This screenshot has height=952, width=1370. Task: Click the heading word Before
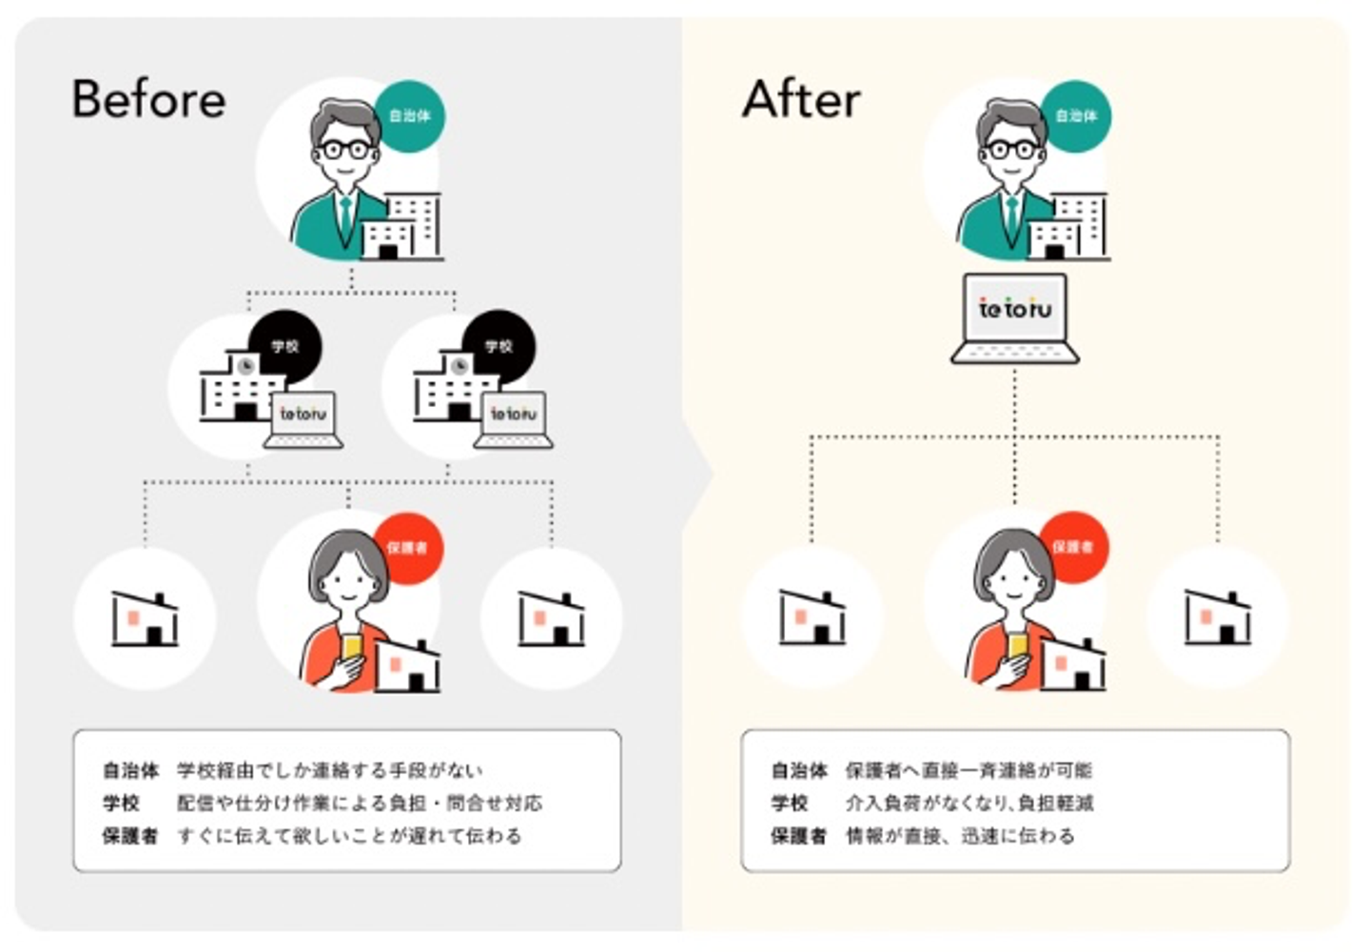pyautogui.click(x=149, y=99)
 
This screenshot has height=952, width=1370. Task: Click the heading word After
pyautogui.click(x=801, y=99)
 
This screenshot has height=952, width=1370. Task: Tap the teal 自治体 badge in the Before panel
pyautogui.click(x=410, y=116)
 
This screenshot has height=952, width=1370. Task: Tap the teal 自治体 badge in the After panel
pyautogui.click(x=1076, y=116)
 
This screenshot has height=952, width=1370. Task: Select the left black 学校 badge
pyautogui.click(x=285, y=346)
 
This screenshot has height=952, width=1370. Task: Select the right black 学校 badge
pyautogui.click(x=499, y=346)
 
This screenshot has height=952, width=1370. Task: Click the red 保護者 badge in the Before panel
pyautogui.click(x=407, y=548)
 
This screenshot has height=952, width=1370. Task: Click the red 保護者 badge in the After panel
pyautogui.click(x=1073, y=548)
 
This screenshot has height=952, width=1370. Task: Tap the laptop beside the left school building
pyautogui.click(x=303, y=419)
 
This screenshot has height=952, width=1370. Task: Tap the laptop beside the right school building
pyautogui.click(x=515, y=419)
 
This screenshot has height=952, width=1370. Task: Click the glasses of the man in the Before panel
pyautogui.click(x=344, y=149)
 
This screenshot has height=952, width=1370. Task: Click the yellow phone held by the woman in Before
pyautogui.click(x=353, y=647)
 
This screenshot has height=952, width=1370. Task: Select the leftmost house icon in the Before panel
pyautogui.click(x=146, y=619)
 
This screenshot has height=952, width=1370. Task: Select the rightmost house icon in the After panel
pyautogui.click(x=1217, y=617)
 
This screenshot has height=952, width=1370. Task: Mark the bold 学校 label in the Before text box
pyautogui.click(x=122, y=804)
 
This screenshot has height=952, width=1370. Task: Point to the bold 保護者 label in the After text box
pyautogui.click(x=797, y=836)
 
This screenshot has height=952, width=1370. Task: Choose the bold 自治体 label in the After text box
pyautogui.click(x=798, y=770)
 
